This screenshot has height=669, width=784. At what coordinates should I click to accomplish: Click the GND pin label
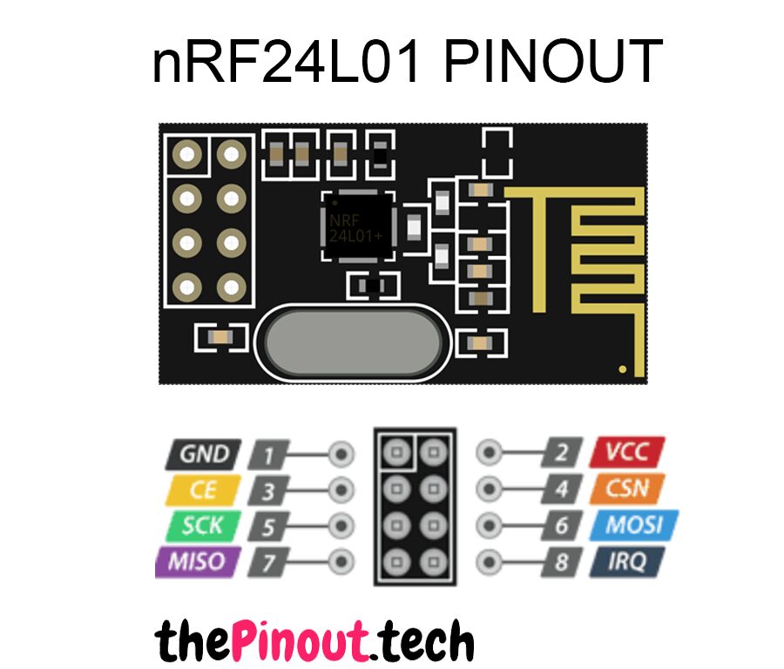click(x=202, y=454)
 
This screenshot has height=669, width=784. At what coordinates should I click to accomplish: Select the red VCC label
click(x=626, y=452)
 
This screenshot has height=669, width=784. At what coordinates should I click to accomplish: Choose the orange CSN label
click(x=628, y=489)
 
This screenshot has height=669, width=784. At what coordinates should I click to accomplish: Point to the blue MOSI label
click(x=633, y=525)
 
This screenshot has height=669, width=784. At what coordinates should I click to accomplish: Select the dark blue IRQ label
click(x=628, y=562)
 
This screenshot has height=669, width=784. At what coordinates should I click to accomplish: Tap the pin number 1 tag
click(x=270, y=455)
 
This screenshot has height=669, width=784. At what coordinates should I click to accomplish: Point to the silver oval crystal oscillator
click(x=354, y=341)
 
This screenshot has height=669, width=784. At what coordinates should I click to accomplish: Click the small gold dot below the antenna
click(x=622, y=369)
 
